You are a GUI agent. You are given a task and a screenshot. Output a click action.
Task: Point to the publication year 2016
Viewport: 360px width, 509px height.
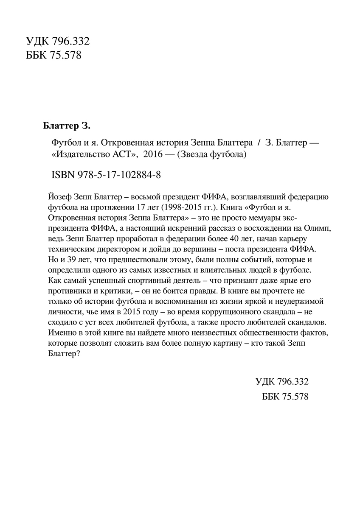153,155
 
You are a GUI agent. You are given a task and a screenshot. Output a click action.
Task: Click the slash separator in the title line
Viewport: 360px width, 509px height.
254,143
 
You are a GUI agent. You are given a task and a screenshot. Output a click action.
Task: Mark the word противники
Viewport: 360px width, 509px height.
65,292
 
